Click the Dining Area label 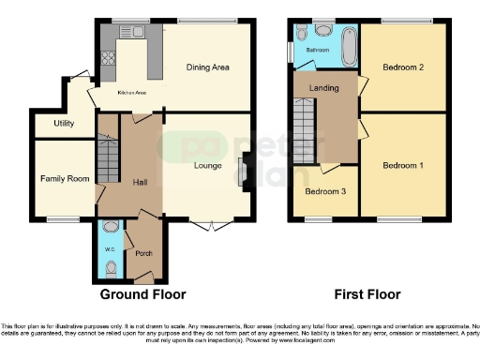point(209,67)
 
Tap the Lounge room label point(207,166)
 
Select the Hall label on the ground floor point(139,182)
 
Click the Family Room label point(64,178)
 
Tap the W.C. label point(109,248)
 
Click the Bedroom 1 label point(403,166)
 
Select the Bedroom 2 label point(403,67)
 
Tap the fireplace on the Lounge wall point(244,172)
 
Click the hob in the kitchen point(107,60)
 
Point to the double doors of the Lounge point(213,225)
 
